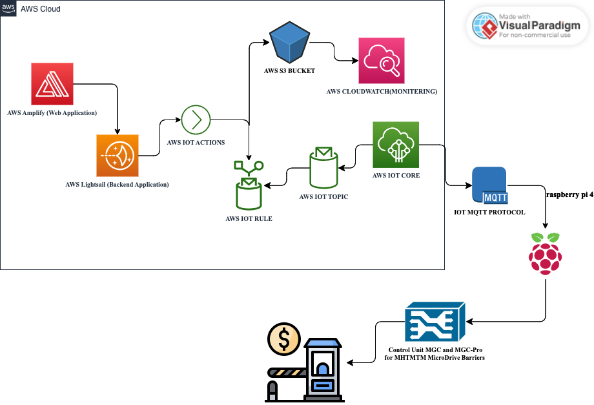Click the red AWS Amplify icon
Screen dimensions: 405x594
click(x=52, y=84)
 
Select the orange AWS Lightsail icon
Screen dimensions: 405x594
click(x=118, y=156)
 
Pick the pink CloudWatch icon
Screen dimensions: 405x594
click(x=381, y=61)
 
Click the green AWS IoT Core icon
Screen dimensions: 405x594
click(x=396, y=145)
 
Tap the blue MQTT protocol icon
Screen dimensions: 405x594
click(x=489, y=186)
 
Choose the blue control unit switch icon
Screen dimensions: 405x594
click(x=435, y=321)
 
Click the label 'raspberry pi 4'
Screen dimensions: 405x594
click(x=569, y=194)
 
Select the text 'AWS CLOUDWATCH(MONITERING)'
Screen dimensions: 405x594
click(x=382, y=92)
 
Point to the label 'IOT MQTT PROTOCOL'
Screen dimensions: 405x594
click(x=489, y=213)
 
